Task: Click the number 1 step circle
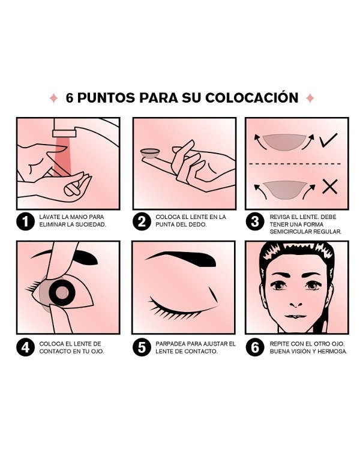tap(26, 221)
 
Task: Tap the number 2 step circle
tap(142, 221)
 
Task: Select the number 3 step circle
tap(255, 221)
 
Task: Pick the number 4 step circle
tap(26, 347)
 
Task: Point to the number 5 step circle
tap(142, 347)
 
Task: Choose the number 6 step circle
tap(255, 347)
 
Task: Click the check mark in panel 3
tap(329, 140)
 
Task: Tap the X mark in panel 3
tap(330, 187)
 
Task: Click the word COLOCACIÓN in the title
tap(252, 98)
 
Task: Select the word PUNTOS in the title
tap(106, 98)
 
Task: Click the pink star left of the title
tap(53, 98)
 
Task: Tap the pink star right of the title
tap(310, 98)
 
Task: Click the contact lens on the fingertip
tap(151, 153)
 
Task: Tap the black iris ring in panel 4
tap(62, 292)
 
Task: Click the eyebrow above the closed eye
tap(181, 258)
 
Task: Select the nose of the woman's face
tap(296, 303)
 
